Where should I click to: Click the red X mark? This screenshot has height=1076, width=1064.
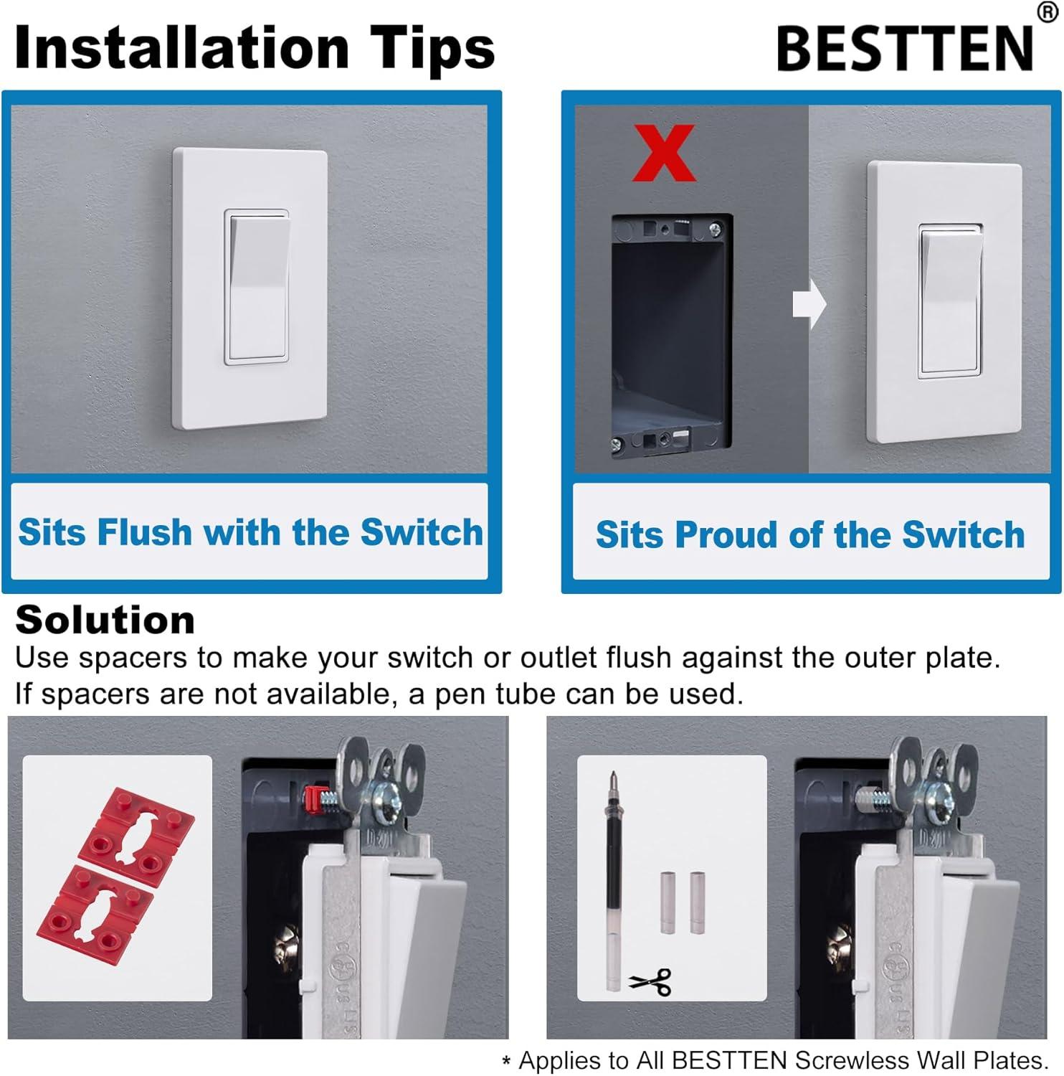663,153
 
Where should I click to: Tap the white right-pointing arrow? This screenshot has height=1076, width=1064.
809,304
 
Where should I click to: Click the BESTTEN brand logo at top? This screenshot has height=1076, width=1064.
905,48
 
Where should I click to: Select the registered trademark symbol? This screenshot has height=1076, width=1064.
1048,12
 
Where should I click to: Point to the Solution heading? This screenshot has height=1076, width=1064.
105,620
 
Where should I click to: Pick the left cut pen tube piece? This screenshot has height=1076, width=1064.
667,902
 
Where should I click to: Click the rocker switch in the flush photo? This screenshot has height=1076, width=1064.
257,287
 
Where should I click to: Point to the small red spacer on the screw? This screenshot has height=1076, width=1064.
312,796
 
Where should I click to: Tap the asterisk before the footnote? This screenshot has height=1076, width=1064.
506,1062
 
